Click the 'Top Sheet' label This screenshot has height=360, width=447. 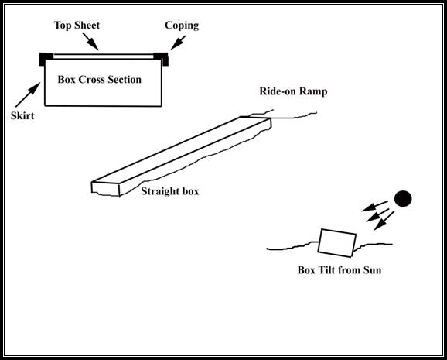pyautogui.click(x=77, y=26)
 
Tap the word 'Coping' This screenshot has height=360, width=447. pyautogui.click(x=182, y=26)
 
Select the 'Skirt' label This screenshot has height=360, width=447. pyautogui.click(x=22, y=115)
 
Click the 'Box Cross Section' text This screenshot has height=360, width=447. pyautogui.click(x=100, y=80)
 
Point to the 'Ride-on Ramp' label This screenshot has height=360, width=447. pyautogui.click(x=293, y=91)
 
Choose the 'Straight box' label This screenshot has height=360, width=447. pyautogui.click(x=170, y=191)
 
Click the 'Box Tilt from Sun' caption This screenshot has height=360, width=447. pyautogui.click(x=340, y=270)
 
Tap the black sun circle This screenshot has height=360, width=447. pyautogui.click(x=403, y=199)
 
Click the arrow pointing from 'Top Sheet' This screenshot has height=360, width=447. pyautogui.click(x=90, y=41)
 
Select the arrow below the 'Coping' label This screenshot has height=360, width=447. pyautogui.click(x=178, y=43)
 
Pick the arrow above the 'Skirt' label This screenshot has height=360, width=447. pyautogui.click(x=28, y=94)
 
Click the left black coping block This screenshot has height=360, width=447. pyautogui.click(x=46, y=59)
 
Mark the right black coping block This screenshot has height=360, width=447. pyautogui.click(x=161, y=59)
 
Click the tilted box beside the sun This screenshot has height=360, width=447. pyautogui.click(x=337, y=243)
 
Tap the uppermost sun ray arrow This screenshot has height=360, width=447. pyautogui.click(x=374, y=206)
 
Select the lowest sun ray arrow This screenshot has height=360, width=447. pyautogui.click(x=384, y=221)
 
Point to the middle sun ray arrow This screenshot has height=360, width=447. pyautogui.click(x=377, y=215)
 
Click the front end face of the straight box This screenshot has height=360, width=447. pyautogui.click(x=105, y=189)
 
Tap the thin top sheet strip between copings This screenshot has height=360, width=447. pyautogui.click(x=104, y=57)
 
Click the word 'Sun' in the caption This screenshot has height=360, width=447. pyautogui.click(x=372, y=270)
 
